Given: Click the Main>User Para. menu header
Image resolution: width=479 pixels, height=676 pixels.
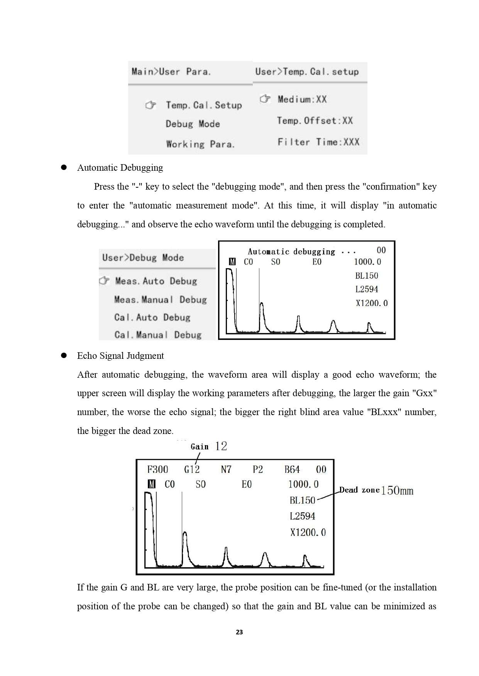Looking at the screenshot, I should [x=171, y=72].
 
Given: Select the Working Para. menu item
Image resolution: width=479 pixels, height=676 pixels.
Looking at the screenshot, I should [x=200, y=144].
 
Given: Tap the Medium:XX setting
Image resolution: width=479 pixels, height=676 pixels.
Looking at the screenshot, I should [x=302, y=99].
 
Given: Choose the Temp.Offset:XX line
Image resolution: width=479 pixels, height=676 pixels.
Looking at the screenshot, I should [x=315, y=121].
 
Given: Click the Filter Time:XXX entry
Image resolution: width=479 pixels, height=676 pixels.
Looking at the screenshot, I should [x=318, y=142].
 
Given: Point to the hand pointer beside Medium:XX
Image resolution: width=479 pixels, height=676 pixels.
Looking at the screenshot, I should [x=265, y=99].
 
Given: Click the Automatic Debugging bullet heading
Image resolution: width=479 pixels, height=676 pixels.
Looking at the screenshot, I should [x=120, y=168].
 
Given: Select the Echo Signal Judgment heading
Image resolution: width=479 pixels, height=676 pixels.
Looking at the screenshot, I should [x=120, y=356].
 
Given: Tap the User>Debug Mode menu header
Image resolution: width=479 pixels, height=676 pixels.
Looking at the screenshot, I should [x=143, y=257].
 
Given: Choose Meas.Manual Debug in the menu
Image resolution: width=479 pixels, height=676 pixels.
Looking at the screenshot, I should [x=160, y=299].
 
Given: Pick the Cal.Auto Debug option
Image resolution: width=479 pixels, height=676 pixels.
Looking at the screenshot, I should [x=152, y=317].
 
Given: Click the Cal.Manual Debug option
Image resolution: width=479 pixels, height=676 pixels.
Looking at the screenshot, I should [x=157, y=335].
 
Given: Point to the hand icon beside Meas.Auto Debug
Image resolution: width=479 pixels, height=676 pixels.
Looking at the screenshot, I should [x=104, y=281].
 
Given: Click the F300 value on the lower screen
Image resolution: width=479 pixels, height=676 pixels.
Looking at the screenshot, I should [x=157, y=469].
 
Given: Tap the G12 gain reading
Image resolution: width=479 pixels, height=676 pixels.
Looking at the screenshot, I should [x=192, y=469].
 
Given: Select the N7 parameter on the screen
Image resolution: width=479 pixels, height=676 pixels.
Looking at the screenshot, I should [x=226, y=469].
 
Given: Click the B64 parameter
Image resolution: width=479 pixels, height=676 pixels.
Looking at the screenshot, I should [x=292, y=469].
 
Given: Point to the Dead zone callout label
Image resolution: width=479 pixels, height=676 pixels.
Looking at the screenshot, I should [x=359, y=490].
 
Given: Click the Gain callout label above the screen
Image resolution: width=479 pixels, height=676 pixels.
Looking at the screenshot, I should [x=200, y=447].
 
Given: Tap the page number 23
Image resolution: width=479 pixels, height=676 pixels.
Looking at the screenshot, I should [x=239, y=632].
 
